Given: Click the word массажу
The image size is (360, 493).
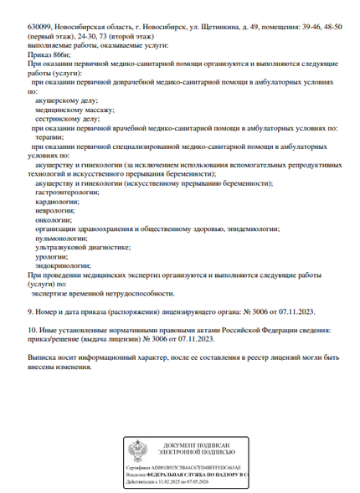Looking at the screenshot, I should click(x=94, y=110).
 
